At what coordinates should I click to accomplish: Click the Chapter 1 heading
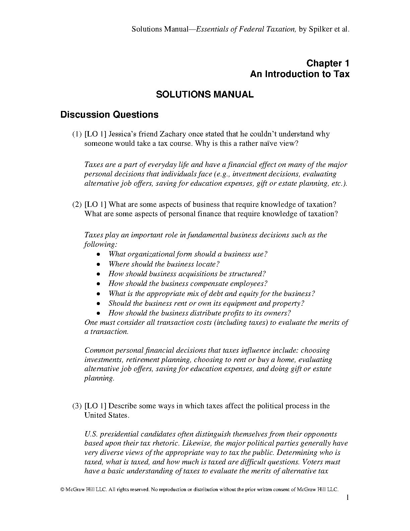[x=328, y=63]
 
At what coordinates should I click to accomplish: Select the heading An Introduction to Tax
[x=299, y=74]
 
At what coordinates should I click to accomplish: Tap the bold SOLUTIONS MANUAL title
[x=205, y=95]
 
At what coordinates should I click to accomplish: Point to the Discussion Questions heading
[x=109, y=115]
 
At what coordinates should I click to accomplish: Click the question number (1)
[x=77, y=134]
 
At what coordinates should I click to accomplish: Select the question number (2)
[x=77, y=204]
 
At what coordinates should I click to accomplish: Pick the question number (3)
[x=77, y=406]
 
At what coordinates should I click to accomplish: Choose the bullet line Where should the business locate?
[x=164, y=264]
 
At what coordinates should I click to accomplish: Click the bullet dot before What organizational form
[x=98, y=254]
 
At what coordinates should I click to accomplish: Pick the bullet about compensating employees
[x=188, y=284]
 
